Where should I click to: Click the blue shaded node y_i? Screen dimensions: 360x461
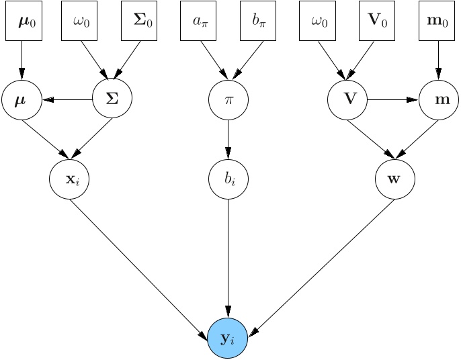point(228,339)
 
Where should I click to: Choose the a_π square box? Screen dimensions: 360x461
point(201,20)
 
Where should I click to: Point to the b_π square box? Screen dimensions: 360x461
point(260,20)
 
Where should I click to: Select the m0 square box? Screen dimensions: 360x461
point(438,20)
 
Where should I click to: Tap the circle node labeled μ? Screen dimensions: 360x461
point(22,99)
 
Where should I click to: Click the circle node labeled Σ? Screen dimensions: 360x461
point(112,99)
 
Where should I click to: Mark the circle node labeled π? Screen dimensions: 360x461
point(228,99)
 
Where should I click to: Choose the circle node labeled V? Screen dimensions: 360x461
point(348,99)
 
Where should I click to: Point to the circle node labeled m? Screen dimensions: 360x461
point(438,99)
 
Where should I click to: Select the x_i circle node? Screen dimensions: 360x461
point(69,179)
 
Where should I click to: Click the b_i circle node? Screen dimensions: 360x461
point(228,179)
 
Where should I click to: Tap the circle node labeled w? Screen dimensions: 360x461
point(394,179)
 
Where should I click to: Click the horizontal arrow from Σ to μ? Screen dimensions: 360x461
point(67,99)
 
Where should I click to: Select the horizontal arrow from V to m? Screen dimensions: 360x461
point(393,99)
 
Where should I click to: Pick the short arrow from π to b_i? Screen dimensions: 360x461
point(228,139)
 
